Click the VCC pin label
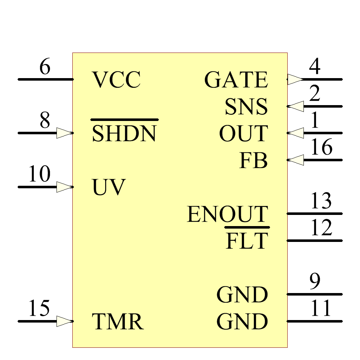click(116, 80)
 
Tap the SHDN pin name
click(124, 134)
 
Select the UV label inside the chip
click(109, 188)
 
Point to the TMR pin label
click(118, 322)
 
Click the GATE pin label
click(236, 80)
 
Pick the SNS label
click(246, 107)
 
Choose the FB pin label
click(253, 161)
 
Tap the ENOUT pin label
click(228, 215)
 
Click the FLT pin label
click(247, 241)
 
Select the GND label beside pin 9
click(242, 295)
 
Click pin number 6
click(45, 67)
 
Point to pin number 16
click(321, 148)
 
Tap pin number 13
click(321, 201)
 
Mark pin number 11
click(321, 309)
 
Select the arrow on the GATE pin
click(296, 79)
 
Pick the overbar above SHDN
click(124, 120)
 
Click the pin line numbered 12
click(314, 240)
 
